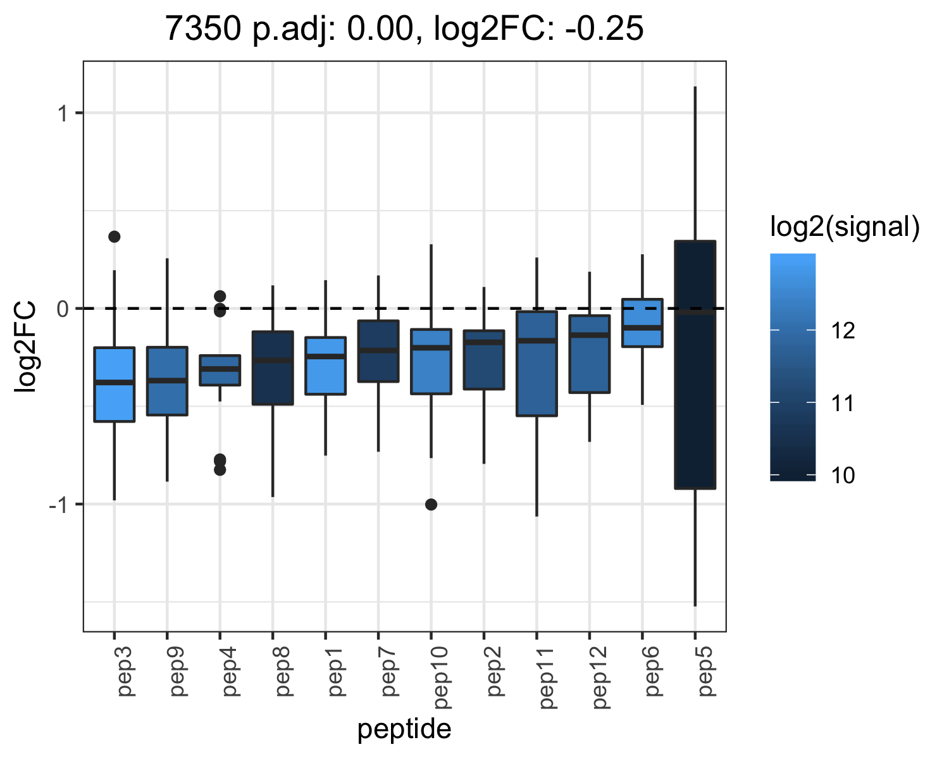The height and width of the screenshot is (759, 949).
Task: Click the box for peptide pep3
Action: tap(115, 385)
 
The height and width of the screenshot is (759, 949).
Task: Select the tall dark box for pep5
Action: tap(695, 365)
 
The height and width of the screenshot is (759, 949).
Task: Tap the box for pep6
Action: tap(642, 323)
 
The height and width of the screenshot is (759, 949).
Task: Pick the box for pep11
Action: tap(537, 364)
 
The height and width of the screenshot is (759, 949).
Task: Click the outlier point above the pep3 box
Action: tap(115, 237)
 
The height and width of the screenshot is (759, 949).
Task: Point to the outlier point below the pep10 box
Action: tap(431, 505)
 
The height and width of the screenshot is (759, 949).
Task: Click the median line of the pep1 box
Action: tap(325, 356)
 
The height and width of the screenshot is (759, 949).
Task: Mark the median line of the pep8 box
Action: tap(273, 361)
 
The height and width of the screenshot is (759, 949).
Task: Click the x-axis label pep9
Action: tap(178, 671)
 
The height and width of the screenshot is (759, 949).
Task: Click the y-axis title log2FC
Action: tap(25, 346)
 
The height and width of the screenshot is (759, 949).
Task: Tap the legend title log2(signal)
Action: tap(845, 227)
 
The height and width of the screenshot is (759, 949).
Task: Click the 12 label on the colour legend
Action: tap(843, 330)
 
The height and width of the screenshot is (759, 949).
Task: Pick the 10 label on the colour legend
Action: tap(843, 476)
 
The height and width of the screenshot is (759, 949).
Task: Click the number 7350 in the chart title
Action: tap(203, 28)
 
